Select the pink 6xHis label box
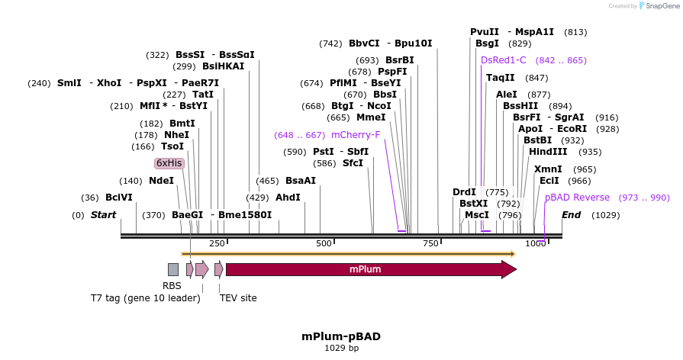pyautogui.click(x=169, y=163)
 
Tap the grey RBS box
pyautogui.click(x=173, y=269)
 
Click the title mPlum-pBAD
pyautogui.click(x=340, y=336)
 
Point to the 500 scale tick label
pyautogui.click(x=324, y=243)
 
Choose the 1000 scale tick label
pyautogui.click(x=535, y=243)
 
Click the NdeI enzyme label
pyautogui.click(x=161, y=181)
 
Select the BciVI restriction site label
pyautogui.click(x=119, y=198)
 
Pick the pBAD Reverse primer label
pyautogui.click(x=577, y=198)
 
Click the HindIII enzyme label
pyautogui.click(x=548, y=152)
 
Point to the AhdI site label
pyautogui.click(x=288, y=198)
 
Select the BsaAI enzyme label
pyautogui.click(x=300, y=181)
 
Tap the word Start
pyautogui.click(x=103, y=215)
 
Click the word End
pyautogui.click(x=572, y=215)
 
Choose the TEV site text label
pyautogui.click(x=238, y=298)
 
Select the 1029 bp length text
pyautogui.click(x=341, y=348)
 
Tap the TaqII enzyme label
pyautogui.click(x=501, y=78)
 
